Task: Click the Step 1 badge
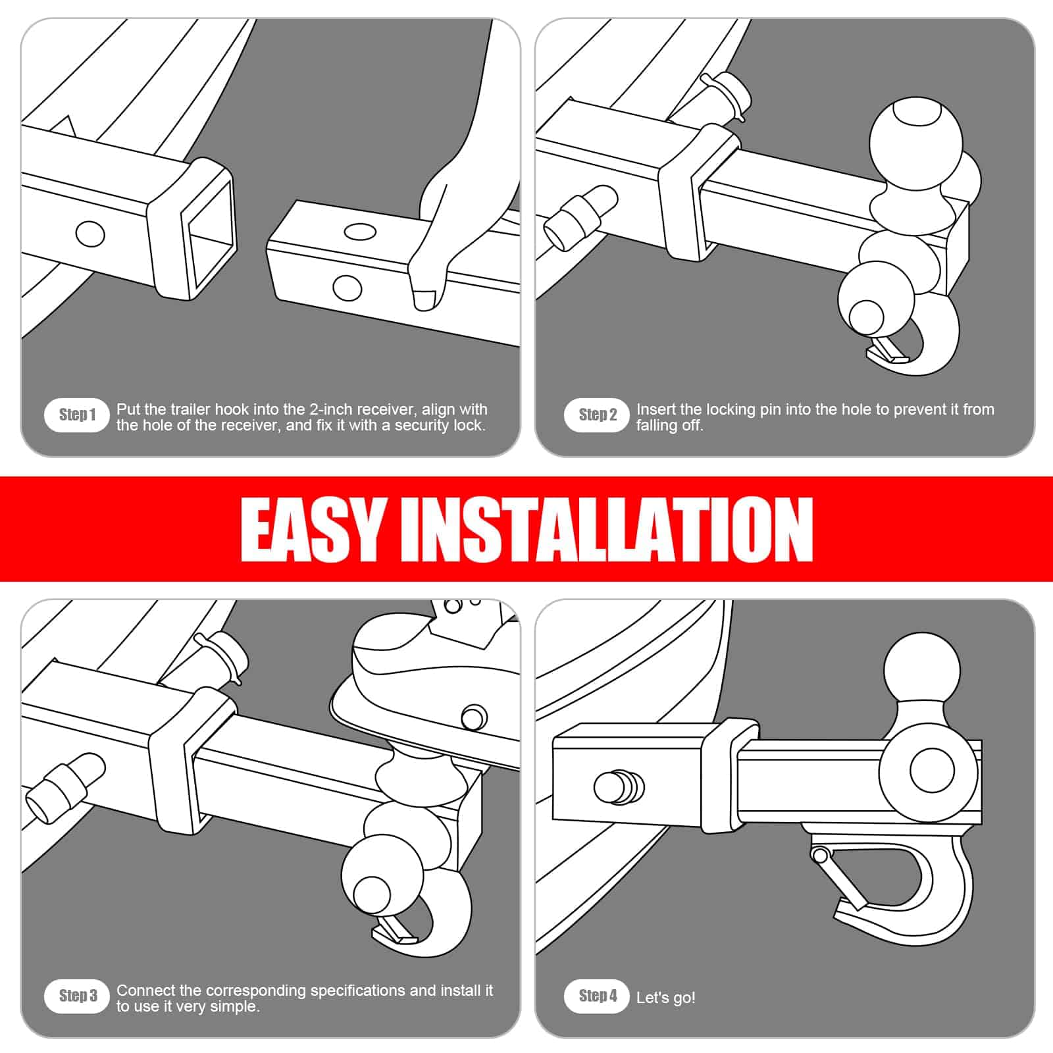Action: pyautogui.click(x=76, y=415)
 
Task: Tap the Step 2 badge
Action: pyautogui.click(x=597, y=415)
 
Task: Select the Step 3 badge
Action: pyautogui.click(x=76, y=996)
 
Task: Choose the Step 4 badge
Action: pyautogui.click(x=597, y=996)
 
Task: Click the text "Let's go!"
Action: pyautogui.click(x=665, y=998)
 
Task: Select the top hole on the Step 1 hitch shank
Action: pyautogui.click(x=360, y=232)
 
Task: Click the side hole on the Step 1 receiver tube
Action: pyautogui.click(x=90, y=234)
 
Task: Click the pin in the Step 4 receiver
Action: pyautogui.click(x=619, y=786)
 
